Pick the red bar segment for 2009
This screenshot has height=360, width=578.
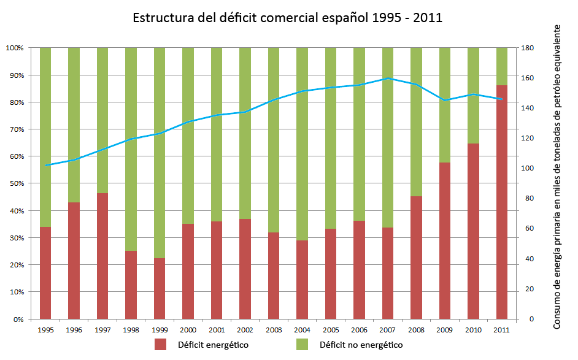[445, 240]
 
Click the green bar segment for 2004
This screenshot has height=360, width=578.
[302, 144]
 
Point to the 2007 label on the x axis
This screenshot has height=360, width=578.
[387, 330]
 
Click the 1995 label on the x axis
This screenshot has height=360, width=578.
[45, 330]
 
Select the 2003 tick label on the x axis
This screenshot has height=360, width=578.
[273, 330]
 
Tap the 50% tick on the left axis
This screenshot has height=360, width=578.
[15, 183]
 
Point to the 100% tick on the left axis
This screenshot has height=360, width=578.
[14, 48]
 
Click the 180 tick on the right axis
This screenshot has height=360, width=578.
[527, 48]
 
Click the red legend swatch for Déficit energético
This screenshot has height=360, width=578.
[161, 345]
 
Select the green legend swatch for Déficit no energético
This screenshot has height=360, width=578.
[302, 345]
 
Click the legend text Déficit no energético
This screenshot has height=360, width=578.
[361, 345]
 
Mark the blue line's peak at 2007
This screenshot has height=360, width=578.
[388, 79]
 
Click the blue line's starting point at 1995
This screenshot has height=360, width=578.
[45, 166]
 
